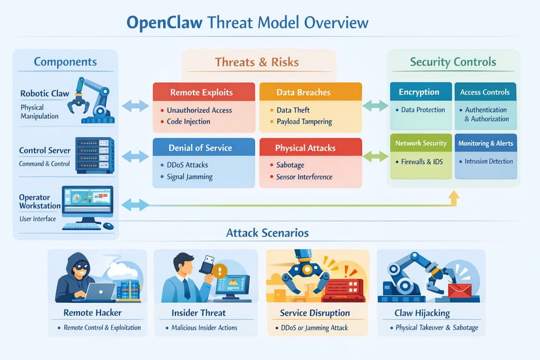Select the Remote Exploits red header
201,92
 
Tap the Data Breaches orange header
304,92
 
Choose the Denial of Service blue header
200,147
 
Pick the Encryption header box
419,92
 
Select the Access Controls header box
485,92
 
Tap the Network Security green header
421,143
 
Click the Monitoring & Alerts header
486,143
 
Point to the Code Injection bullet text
189,122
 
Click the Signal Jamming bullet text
190,176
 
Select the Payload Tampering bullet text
304,122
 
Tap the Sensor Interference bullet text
304,176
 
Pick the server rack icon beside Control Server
94,155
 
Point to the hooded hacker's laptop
101,291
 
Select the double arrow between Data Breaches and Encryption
375,106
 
